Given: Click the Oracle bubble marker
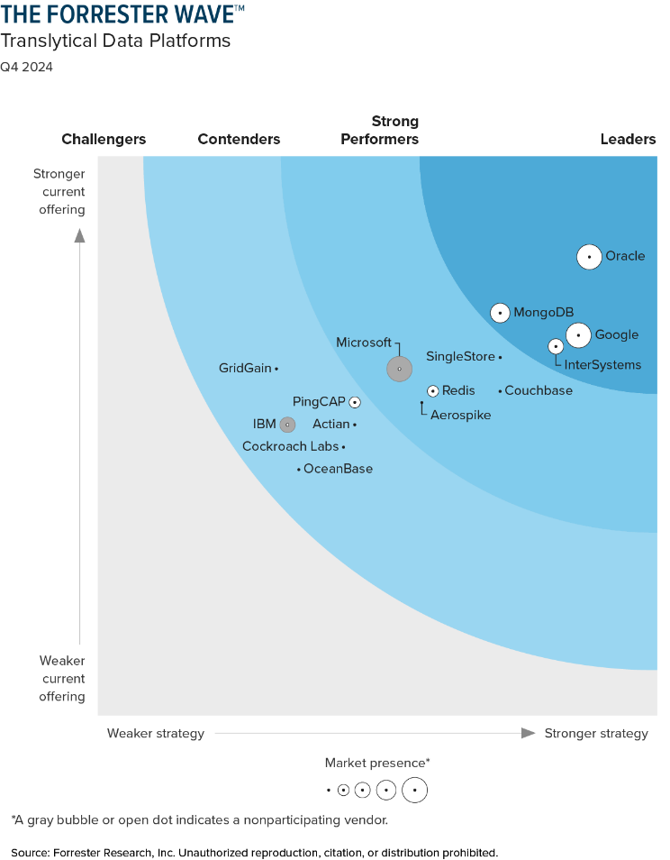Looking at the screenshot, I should [589, 257].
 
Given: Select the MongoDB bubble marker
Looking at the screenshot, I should [500, 313].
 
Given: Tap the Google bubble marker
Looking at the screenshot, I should [579, 335].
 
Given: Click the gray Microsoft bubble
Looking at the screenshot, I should [399, 369].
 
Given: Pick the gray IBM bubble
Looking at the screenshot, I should [287, 425].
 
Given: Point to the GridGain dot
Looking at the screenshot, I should [276, 369].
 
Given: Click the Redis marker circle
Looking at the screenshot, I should [433, 391].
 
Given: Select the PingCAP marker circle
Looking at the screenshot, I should [355, 403].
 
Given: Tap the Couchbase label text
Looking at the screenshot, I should [539, 391].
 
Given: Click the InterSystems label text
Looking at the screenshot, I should [602, 365].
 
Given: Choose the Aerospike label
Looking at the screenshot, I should [461, 416].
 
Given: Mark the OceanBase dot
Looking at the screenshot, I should [299, 470].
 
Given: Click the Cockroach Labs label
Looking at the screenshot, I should [290, 447].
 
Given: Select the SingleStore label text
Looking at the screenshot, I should [460, 357].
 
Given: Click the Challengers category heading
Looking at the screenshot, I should [104, 140].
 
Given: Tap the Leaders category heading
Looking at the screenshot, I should [628, 140].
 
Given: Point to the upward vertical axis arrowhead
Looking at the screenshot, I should [79, 235].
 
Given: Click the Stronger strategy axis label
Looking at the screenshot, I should [596, 734].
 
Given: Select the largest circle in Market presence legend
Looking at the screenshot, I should [414, 791].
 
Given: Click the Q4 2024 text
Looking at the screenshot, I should [26, 67].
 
